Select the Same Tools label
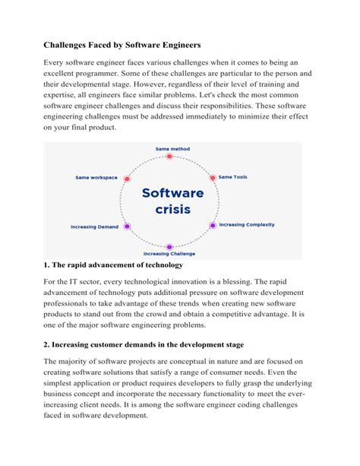tap(233, 177)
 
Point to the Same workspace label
tap(96, 177)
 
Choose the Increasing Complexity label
tap(247, 224)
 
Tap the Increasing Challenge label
tap(169, 253)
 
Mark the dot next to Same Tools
tap(212, 177)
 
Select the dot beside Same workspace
tap(126, 177)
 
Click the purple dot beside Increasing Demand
tap(127, 226)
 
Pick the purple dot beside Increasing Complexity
tap(213, 225)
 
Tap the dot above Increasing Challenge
tap(169, 246)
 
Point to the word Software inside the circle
tap(173, 193)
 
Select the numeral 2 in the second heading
tap(46, 343)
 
